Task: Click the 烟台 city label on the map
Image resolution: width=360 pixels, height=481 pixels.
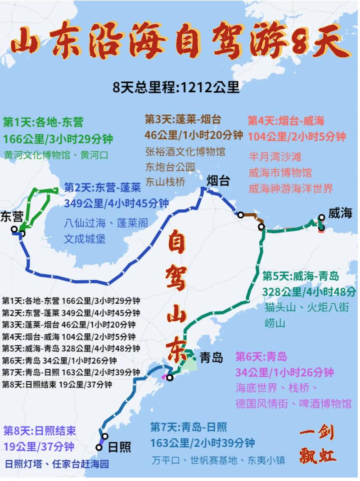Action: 218,181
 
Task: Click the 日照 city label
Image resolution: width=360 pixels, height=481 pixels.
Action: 120,447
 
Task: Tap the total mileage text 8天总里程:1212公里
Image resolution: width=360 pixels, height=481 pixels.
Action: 176,87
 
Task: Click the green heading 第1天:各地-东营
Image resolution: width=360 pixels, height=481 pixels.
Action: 43,122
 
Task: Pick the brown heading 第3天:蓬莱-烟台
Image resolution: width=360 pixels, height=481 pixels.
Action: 183,120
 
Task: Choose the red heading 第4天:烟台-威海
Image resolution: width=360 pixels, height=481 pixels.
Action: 286,121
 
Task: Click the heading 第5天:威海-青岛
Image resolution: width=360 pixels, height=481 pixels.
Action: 301,276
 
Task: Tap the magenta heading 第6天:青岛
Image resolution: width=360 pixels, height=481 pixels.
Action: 261,357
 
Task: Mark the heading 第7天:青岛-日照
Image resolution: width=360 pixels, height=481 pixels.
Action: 189,427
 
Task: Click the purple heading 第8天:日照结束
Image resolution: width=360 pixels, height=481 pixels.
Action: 40,431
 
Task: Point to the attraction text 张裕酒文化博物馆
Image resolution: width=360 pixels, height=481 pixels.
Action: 185,151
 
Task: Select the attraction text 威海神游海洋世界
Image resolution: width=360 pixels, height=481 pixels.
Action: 291,188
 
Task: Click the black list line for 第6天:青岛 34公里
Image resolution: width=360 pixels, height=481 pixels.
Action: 59,360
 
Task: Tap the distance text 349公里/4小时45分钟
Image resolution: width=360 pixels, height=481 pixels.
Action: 117,203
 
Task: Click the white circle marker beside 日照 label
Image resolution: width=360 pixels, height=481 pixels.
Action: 99,447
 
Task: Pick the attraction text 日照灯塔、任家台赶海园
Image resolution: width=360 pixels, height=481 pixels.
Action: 57,464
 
